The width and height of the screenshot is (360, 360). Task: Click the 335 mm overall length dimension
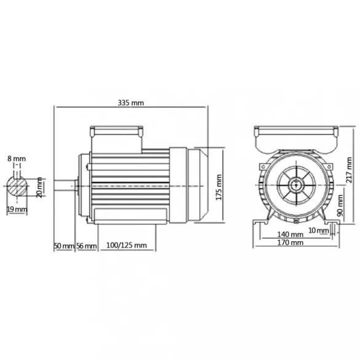pyautogui.click(x=131, y=102)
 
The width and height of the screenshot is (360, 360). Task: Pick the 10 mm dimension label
pyautogui.click(x=318, y=230)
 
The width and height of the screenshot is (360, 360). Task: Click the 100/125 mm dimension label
pyautogui.click(x=127, y=246)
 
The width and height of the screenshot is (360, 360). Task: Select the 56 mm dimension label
pyautogui.click(x=86, y=246)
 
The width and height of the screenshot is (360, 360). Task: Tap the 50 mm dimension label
pyautogui.click(x=63, y=246)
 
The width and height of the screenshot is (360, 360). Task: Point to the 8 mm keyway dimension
pyautogui.click(x=17, y=159)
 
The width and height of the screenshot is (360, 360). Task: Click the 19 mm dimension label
pyautogui.click(x=19, y=209)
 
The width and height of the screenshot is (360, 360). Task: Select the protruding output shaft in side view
pyautogui.click(x=65, y=184)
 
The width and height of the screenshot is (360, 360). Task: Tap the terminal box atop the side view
pyautogui.click(x=117, y=132)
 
